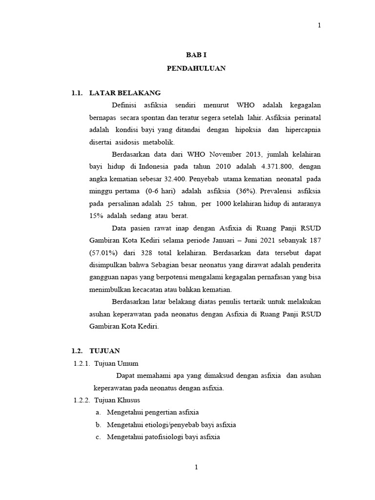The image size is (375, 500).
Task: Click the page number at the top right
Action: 319,25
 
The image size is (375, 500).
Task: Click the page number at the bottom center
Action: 196,467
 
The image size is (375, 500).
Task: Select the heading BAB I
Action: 196,56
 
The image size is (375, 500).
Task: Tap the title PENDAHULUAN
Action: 196,68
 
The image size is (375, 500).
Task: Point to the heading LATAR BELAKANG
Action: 125,93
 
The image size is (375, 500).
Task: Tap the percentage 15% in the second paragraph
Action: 97,216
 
